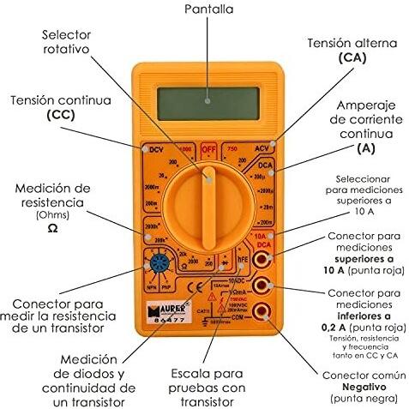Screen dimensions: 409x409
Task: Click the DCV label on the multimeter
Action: tap(156, 150)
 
